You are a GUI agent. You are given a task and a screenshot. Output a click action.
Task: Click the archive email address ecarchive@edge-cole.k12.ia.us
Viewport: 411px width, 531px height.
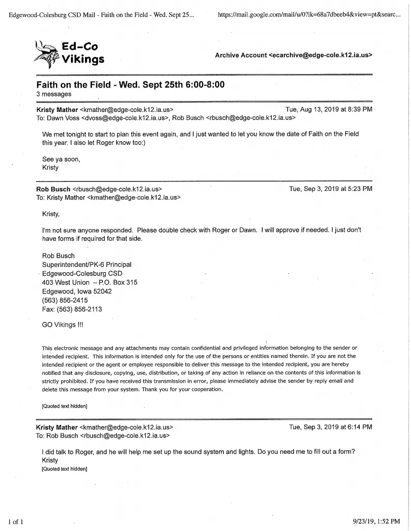[321, 54]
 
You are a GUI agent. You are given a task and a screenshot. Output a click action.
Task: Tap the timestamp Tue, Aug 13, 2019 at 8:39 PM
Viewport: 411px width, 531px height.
[329, 109]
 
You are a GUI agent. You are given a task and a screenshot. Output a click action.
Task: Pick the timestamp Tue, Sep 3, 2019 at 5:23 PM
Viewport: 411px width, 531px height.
[331, 189]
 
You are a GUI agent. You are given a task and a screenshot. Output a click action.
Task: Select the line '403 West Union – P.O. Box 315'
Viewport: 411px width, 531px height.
[89, 283]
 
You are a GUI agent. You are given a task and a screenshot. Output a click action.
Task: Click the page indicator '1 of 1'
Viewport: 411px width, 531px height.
[15, 521]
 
